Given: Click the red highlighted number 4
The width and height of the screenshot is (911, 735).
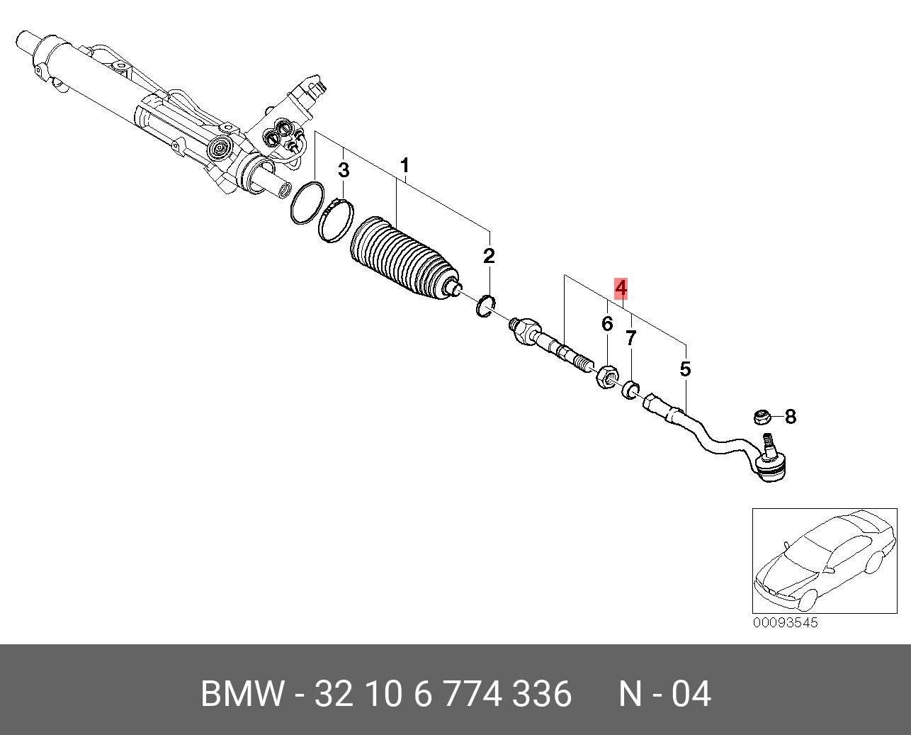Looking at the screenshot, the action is (621, 288).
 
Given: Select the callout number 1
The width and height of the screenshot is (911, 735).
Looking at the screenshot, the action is (404, 166).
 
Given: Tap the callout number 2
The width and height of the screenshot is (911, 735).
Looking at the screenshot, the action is (489, 256).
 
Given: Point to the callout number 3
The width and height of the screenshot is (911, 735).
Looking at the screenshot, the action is (344, 170).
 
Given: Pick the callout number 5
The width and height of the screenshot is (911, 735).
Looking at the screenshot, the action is (685, 369).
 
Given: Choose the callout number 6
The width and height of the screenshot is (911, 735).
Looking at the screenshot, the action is (607, 324).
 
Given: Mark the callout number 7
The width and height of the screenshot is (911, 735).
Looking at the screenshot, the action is (630, 338).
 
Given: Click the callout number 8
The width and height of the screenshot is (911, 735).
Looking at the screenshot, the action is (791, 416).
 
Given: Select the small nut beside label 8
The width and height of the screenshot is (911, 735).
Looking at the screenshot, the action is (762, 416).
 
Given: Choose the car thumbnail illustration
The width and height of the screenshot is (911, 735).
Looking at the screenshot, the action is (824, 560).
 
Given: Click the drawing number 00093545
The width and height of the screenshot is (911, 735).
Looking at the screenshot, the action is (785, 622).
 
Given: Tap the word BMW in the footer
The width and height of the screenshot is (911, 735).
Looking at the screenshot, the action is (243, 694).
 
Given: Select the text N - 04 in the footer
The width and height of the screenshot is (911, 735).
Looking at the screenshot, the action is (664, 694).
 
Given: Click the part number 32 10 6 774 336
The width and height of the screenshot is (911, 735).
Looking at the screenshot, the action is (443, 694).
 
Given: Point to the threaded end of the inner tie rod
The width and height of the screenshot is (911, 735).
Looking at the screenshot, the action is (583, 365).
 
